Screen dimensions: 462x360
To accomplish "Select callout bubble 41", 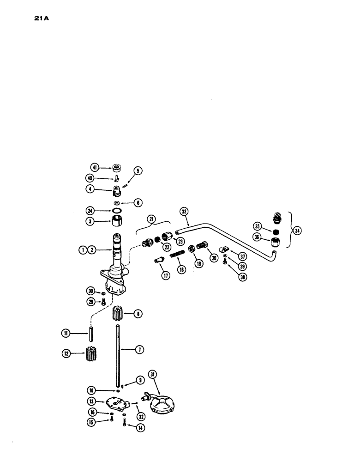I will [x=95, y=168].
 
